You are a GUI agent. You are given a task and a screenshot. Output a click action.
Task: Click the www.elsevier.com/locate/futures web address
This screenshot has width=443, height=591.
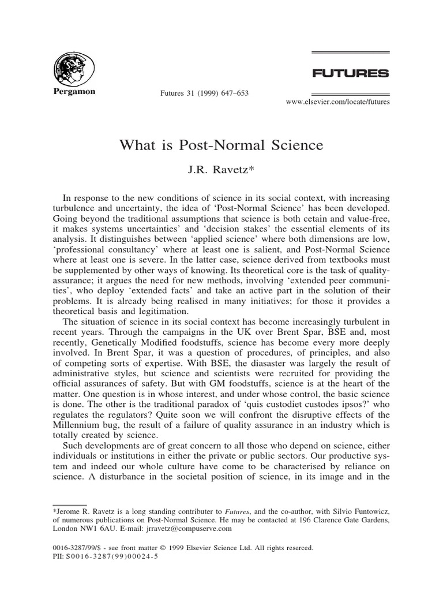(x=338, y=102)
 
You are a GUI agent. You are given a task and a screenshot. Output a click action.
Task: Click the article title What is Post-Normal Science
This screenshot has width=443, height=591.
(x=221, y=145)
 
